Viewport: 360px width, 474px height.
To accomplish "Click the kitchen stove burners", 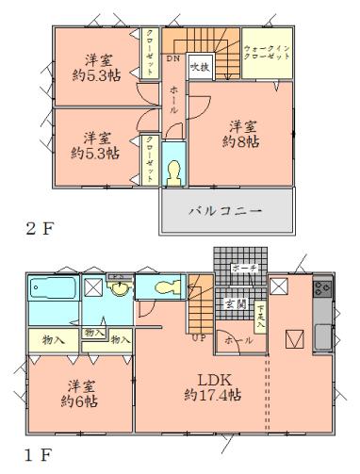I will coord(322,289).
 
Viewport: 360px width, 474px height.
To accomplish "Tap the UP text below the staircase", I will coord(198,336).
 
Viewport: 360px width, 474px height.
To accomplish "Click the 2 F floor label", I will coord(36,228).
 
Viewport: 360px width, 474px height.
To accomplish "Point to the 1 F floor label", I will coord(34,455).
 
